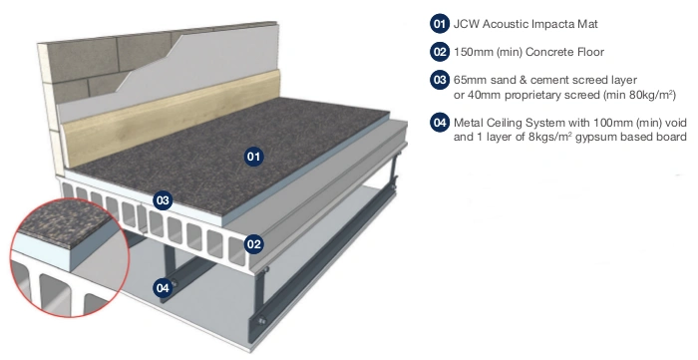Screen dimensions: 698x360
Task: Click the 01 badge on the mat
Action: [253, 157]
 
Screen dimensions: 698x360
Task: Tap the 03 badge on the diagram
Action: [163, 200]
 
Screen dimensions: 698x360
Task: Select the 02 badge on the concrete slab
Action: [253, 244]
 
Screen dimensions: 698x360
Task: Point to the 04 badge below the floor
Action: [163, 288]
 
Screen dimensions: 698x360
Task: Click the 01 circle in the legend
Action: [440, 24]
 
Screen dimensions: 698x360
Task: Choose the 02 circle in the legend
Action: [440, 52]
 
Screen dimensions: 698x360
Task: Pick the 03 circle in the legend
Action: [440, 80]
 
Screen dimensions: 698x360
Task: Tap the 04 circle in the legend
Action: [440, 122]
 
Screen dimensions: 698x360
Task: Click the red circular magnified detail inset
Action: [70, 258]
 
